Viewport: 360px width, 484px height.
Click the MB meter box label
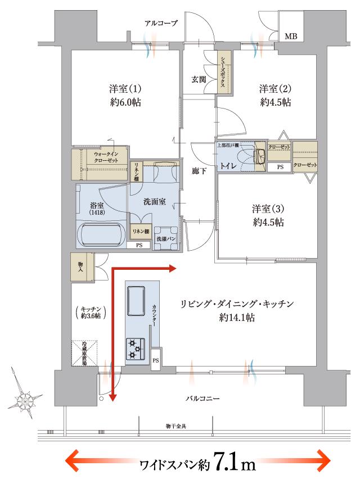(x=291, y=38)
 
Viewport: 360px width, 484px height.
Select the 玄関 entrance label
(x=199, y=79)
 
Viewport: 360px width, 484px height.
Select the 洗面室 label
(x=154, y=201)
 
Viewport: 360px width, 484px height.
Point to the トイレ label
(x=228, y=166)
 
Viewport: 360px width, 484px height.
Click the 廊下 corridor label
(x=199, y=171)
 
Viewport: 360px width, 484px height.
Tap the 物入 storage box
(x=82, y=266)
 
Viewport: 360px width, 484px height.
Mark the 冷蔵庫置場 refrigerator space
(x=85, y=354)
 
